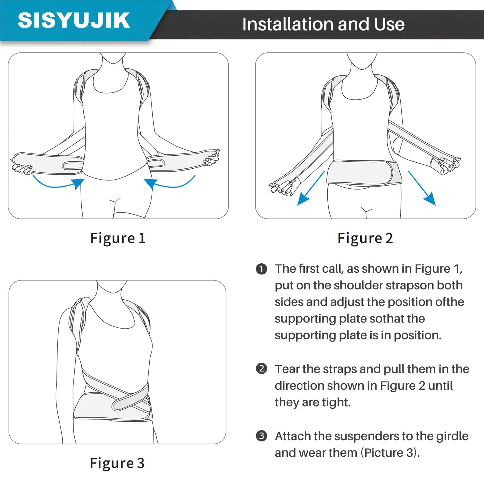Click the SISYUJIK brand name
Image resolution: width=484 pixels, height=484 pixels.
point(74,21)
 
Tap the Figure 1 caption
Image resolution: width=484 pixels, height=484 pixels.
point(118,238)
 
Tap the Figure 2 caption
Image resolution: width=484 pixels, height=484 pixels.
point(365,238)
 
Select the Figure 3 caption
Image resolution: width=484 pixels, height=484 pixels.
point(117,463)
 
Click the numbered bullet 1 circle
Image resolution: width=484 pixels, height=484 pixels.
point(261,269)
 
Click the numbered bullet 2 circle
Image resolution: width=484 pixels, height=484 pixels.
point(261,369)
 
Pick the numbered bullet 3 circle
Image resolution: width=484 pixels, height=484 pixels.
point(261,436)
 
